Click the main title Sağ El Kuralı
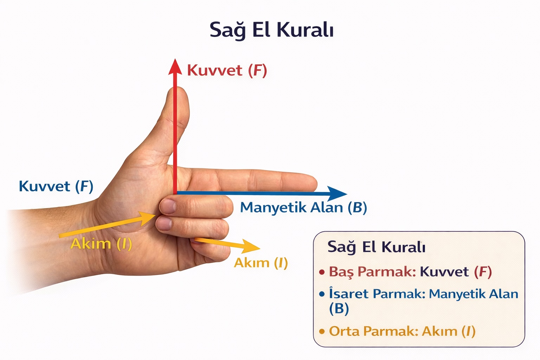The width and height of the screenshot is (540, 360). pos(271,30)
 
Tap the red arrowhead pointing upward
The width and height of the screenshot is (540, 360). pos(174,67)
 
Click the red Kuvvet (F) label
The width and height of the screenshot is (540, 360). pos(227,70)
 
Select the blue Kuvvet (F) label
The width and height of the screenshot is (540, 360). pos(56,186)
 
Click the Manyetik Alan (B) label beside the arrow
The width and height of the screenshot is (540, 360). pos(303,207)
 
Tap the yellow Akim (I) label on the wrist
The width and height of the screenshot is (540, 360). pos(101,244)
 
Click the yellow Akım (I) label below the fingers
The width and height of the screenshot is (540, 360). pos(261,263)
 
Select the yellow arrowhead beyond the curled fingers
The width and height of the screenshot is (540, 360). pos(251,246)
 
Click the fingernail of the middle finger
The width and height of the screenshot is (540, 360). pos(168,206)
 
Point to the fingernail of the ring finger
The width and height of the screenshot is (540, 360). pos(164,224)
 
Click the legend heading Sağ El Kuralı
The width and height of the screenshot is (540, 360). pos(376,247)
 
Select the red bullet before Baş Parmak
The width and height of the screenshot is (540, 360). pos(321,272)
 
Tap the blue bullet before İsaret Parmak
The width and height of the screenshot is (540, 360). pos(321,294)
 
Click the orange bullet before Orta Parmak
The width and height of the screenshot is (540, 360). pos(321,332)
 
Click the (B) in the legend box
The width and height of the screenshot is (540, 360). pos(339,309)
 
